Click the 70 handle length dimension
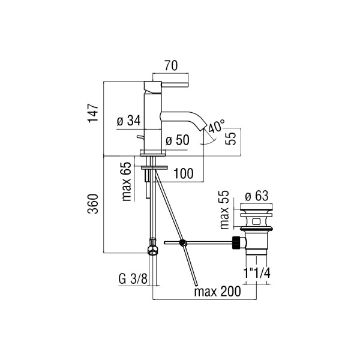click(171, 65)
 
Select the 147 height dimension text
click(93, 113)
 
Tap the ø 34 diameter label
click(128, 121)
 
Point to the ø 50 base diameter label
click(178, 140)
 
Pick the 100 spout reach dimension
click(184, 173)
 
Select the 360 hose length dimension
click(93, 204)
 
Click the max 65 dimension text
click(127, 182)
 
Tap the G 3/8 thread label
click(133, 279)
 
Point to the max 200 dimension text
click(218, 292)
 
